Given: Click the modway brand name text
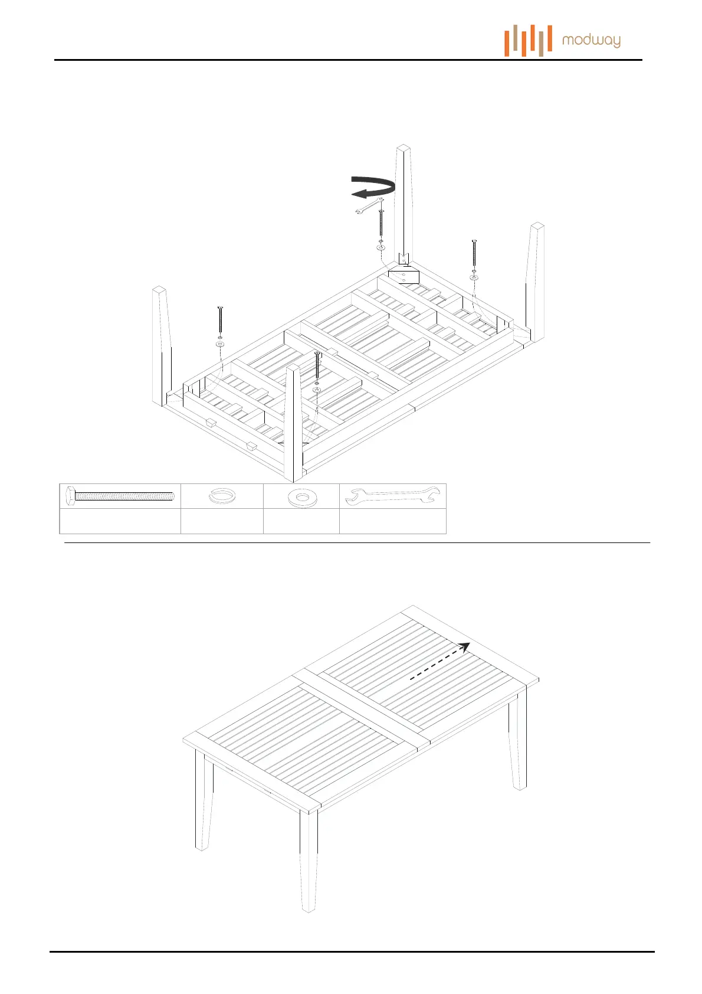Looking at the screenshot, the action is [x=591, y=41].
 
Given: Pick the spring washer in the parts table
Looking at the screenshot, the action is [x=221, y=496].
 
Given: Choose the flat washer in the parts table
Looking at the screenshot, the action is [x=301, y=498].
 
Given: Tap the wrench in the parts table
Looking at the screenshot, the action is [x=392, y=496].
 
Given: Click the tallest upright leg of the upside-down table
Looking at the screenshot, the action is [x=404, y=201].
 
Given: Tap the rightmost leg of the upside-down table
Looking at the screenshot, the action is [x=535, y=280].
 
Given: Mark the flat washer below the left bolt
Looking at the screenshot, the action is [x=220, y=343].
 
